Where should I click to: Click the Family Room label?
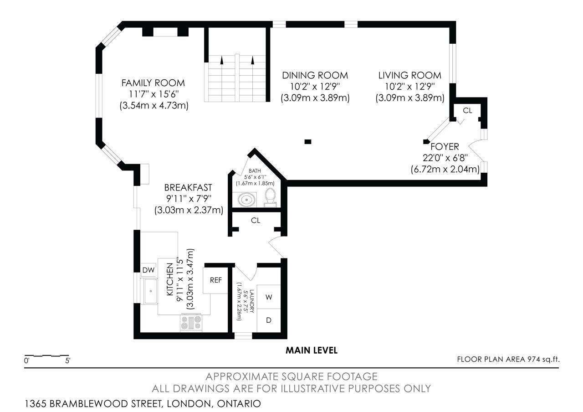click(x=153, y=83)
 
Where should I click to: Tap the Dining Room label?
click(x=315, y=76)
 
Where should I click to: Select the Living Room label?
click(x=409, y=76)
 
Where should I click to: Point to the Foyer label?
click(x=445, y=147)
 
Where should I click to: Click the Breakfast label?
click(x=188, y=187)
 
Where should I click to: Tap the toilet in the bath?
click(x=271, y=198)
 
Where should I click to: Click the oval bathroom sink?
click(x=246, y=200)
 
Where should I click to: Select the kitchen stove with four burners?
click(x=191, y=322)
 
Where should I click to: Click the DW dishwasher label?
click(x=148, y=270)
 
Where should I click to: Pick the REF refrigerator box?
click(x=215, y=280)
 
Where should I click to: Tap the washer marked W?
click(x=269, y=297)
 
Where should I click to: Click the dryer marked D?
click(x=269, y=320)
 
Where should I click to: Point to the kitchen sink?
click(x=149, y=291)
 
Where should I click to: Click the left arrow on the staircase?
click(x=222, y=60)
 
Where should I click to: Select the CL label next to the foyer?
click(x=467, y=111)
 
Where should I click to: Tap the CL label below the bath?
click(x=256, y=221)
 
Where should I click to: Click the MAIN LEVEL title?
click(x=312, y=350)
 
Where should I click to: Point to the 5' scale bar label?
click(x=68, y=361)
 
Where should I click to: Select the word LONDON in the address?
click(x=189, y=404)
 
